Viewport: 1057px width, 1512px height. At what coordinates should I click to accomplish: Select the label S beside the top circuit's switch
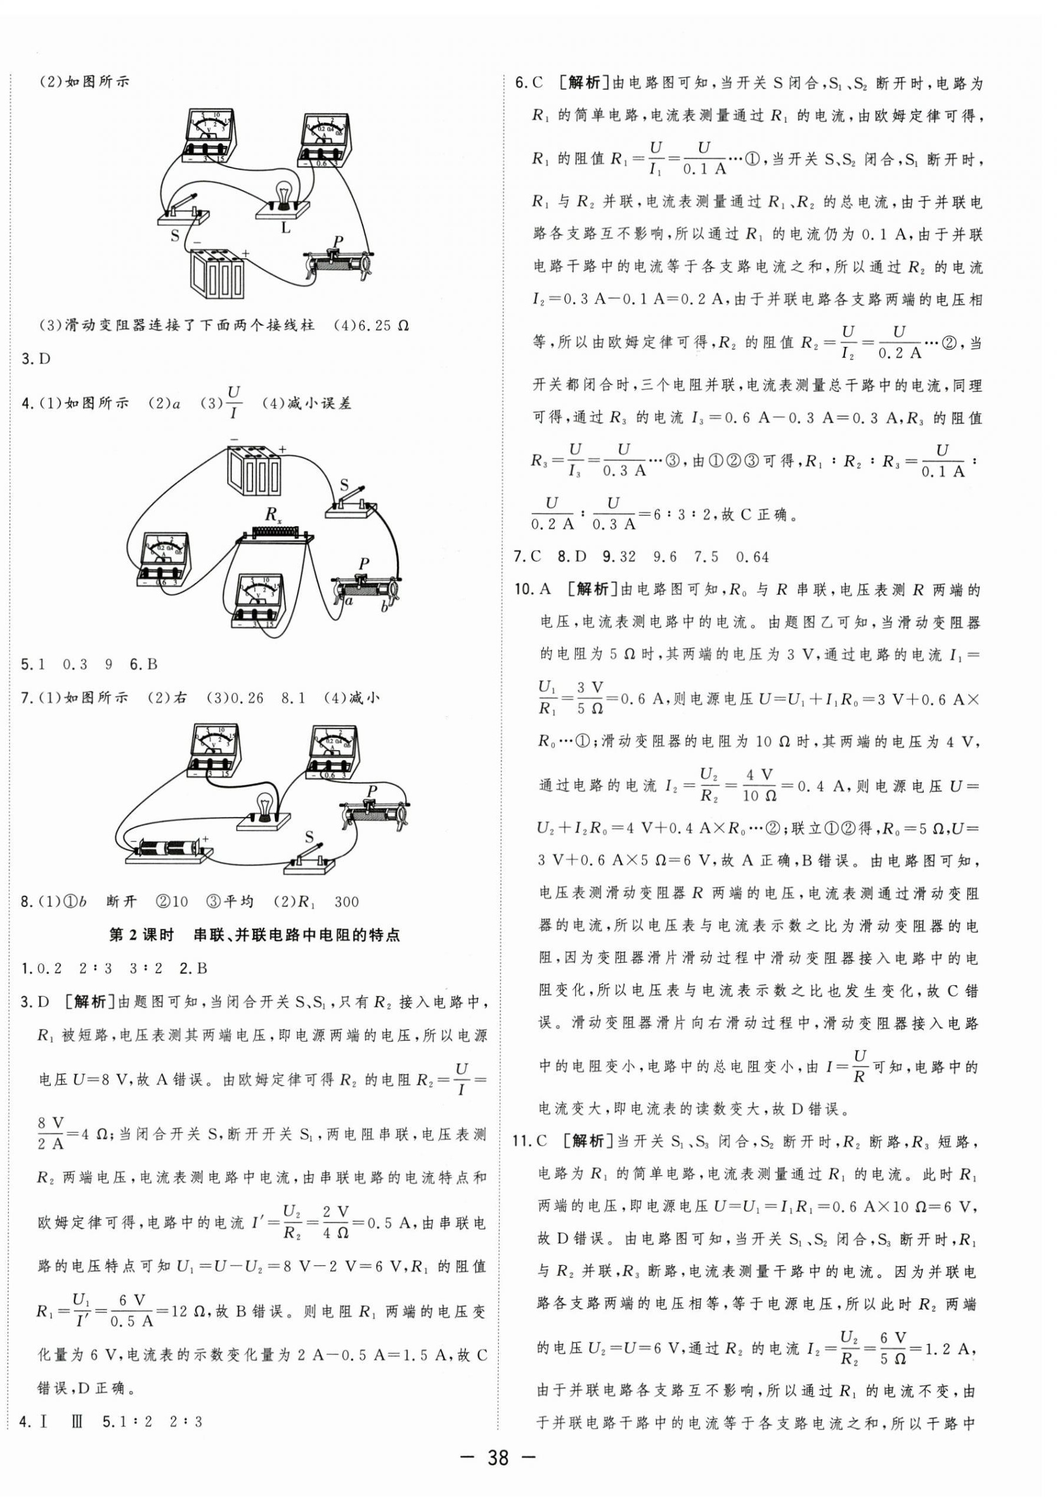[174, 234]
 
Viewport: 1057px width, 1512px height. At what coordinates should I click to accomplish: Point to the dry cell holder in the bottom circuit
[170, 849]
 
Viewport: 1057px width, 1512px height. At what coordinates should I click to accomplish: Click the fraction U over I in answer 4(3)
[234, 403]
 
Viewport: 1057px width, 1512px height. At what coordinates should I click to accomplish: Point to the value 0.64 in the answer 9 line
[752, 556]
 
